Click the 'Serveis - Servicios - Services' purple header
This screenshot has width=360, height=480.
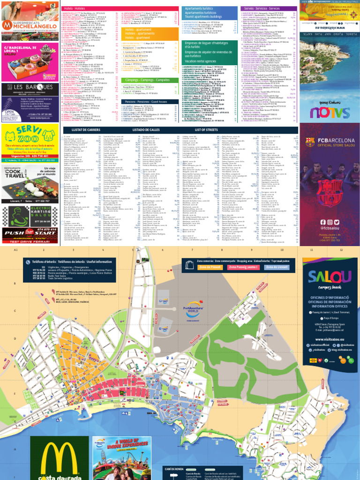tap(268, 8)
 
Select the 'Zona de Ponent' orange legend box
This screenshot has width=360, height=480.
tap(210, 267)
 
